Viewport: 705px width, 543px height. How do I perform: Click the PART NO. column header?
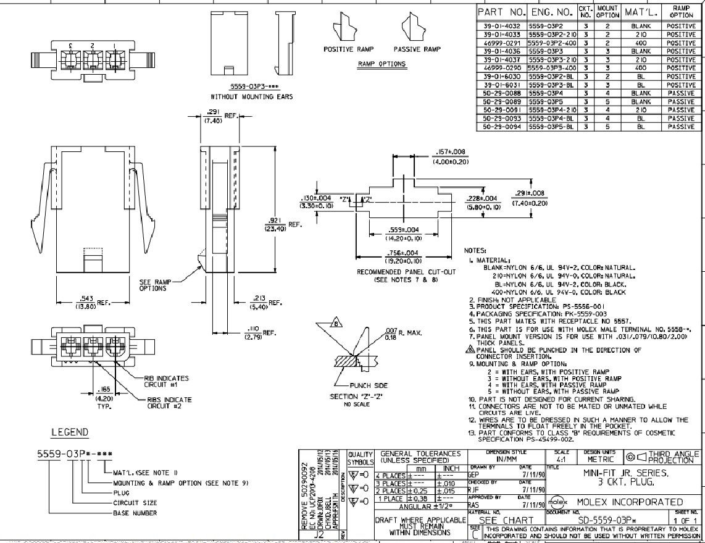pyautogui.click(x=501, y=12)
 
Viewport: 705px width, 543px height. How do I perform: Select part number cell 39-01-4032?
pyautogui.click(x=501, y=27)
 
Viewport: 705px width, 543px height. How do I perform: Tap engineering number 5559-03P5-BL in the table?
pyautogui.click(x=551, y=127)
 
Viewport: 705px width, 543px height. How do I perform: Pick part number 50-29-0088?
pyautogui.click(x=501, y=93)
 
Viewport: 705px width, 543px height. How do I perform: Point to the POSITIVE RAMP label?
pyautogui.click(x=347, y=49)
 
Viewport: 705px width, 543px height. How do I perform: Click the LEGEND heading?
pyautogui.click(x=69, y=432)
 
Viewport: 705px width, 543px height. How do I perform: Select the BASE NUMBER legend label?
pyautogui.click(x=135, y=513)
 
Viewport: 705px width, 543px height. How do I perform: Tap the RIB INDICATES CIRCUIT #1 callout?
pyautogui.click(x=167, y=381)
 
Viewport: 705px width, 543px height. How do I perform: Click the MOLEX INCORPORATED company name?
pyautogui.click(x=630, y=502)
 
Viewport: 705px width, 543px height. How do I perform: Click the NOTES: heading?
pyautogui.click(x=476, y=251)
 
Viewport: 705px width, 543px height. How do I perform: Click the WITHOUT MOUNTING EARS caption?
pyautogui.click(x=252, y=97)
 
